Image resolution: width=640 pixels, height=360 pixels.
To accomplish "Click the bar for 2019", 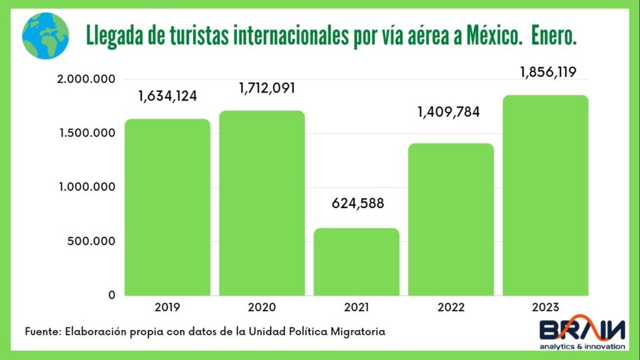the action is coord(167,207).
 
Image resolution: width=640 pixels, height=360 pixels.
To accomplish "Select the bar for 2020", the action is coord(262,203).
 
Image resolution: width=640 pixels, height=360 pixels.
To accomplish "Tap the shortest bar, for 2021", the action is coord(356,262).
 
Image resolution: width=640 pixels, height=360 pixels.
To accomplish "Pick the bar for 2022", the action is coord(451,219).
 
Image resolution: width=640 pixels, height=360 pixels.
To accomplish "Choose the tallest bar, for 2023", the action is coord(545,195).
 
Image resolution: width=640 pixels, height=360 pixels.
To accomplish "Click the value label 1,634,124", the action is coord(167,96).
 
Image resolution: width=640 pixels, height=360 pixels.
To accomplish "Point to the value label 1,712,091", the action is coord(267,88).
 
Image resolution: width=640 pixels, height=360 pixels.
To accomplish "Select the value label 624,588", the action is coord(357,203).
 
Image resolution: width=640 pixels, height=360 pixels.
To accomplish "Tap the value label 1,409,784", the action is coord(449,112).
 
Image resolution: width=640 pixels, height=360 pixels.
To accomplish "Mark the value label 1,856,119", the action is coord(548,72).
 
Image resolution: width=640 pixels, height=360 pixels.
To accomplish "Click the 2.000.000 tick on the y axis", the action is coord(86,79).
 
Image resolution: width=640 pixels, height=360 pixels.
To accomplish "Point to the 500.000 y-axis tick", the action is coord(91,241).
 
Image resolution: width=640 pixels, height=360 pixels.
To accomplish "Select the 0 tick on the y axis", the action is coord(112,295).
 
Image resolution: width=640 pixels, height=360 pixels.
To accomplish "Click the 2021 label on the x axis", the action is coord(356,307).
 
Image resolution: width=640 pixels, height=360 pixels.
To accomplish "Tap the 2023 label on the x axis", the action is coord(545,307).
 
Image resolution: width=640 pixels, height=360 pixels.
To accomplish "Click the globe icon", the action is coord(46,36).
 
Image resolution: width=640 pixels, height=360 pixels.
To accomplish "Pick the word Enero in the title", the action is coord(554,36).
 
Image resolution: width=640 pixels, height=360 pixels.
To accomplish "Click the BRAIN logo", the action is coord(582,332).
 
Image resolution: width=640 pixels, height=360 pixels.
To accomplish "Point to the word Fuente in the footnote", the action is coord(42,331).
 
